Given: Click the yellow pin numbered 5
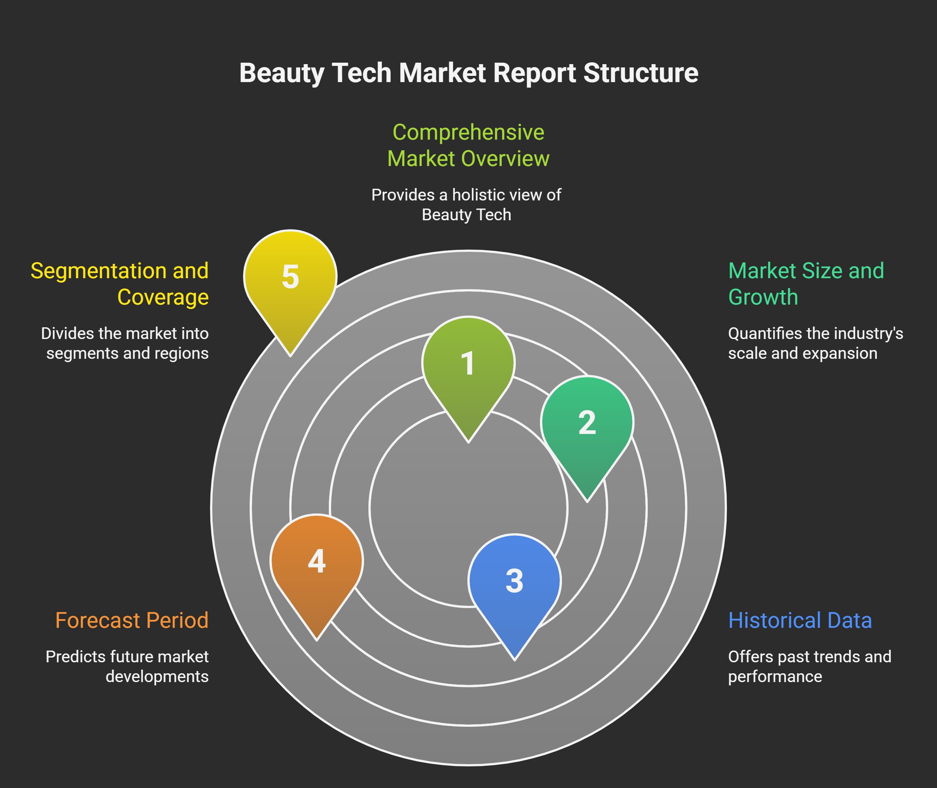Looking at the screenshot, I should coord(290,277).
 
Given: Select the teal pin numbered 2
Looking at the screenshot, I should coord(587,423).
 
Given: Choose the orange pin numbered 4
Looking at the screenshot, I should coord(317,561).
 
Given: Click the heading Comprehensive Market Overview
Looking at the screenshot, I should coord(468,145).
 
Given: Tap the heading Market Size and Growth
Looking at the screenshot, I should coord(806,284).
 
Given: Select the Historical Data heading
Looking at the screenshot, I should coord(800,621).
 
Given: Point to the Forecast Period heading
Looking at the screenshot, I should coord(132,621).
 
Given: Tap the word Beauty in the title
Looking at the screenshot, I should coord(282,73).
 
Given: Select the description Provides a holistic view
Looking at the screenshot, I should coord(466,205).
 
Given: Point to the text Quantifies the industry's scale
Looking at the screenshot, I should coord(815,343).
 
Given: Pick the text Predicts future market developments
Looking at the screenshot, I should coord(127,666).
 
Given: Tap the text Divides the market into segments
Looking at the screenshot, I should coord(125,343).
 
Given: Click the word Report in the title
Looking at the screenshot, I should coord(534,73).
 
